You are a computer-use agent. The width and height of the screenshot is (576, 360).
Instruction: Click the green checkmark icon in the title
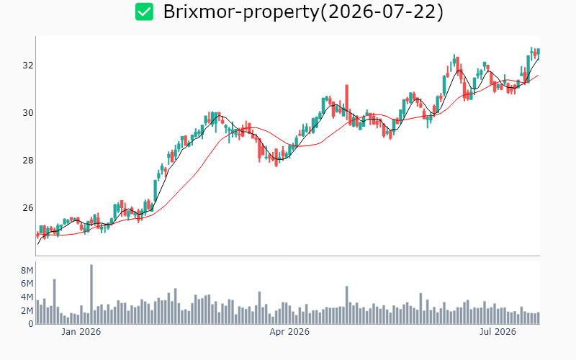pos(144,12)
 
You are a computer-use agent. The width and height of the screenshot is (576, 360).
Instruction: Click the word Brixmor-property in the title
pos(242,12)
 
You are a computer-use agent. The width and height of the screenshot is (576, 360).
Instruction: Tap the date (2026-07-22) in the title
pos(382,12)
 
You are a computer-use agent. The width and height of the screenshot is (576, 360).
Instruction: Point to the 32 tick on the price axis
pos(28,66)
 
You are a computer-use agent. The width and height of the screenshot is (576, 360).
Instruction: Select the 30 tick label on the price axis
pos(28,113)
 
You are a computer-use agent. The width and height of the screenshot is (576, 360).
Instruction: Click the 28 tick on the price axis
pos(28,160)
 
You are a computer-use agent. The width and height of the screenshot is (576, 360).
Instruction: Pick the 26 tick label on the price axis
pos(28,208)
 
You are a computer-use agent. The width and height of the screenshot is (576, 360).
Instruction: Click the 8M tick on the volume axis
pos(27,271)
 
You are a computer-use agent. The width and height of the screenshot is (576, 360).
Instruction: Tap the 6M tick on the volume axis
pos(27,284)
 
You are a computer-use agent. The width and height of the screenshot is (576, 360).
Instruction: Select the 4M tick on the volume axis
pos(27,297)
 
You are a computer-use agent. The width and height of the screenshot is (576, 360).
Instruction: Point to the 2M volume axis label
pos(27,311)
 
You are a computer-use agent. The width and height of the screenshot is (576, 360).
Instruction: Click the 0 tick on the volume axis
pos(31,324)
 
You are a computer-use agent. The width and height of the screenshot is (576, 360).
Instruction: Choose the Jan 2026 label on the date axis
pos(81,332)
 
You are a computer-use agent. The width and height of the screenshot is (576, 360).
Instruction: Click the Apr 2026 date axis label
pos(289,332)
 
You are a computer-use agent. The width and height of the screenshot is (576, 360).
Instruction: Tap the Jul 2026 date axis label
pos(498,332)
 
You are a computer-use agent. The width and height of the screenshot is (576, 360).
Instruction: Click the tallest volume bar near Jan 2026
pos(91,294)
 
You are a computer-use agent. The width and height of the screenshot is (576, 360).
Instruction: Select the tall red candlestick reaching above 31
pos(347,101)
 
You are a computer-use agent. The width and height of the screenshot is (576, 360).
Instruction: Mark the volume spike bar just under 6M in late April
pos(347,305)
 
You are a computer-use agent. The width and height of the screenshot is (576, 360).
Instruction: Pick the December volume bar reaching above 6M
pos(55,302)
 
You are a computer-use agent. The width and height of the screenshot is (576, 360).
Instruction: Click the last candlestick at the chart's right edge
pos(539,52)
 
